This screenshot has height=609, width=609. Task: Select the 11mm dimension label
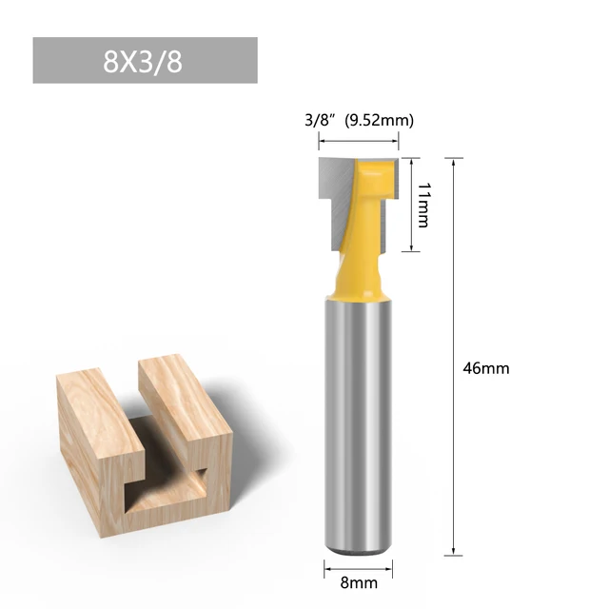point(422,205)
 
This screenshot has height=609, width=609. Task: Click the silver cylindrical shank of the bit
point(354,419)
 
